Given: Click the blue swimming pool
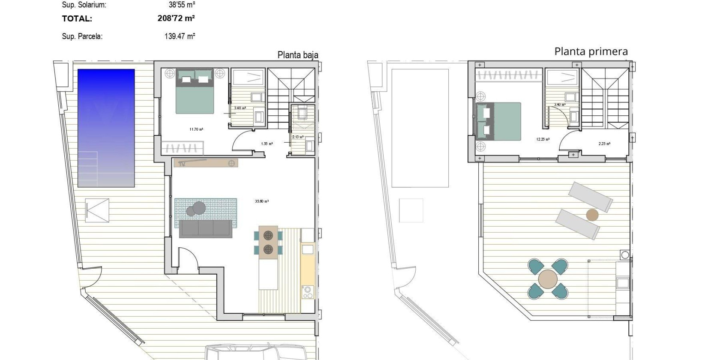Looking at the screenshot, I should (x=106, y=128).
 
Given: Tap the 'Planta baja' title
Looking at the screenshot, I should (x=298, y=55).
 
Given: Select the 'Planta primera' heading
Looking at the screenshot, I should (x=591, y=51).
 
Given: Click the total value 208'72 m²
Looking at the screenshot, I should (x=176, y=18).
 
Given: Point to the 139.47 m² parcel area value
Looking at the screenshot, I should (x=180, y=36).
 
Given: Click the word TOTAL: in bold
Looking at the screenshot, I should (x=77, y=18).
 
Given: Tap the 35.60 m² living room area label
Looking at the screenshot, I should (x=262, y=201).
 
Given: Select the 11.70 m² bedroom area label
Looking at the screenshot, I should (x=196, y=129).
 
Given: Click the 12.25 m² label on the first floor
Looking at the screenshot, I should (x=543, y=139).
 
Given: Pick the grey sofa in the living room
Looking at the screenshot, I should (x=206, y=229).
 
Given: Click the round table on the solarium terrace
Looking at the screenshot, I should (x=548, y=279).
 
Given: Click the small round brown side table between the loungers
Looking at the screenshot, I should (x=592, y=215).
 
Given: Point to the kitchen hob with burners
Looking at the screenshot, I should (x=308, y=291).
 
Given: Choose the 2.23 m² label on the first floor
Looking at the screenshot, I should (x=604, y=144).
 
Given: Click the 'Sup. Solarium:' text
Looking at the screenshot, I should (x=84, y=5).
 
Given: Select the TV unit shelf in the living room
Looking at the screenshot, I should (x=206, y=163).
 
